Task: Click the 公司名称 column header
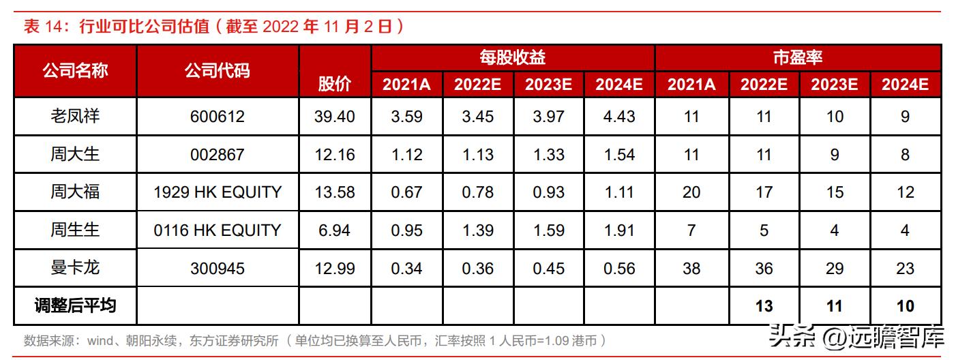pos(75,70)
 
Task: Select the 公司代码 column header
pos(218,70)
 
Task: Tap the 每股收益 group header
pos(512,57)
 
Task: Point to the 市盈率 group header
pos(797,57)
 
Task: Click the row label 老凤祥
pos(75,117)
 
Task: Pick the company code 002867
pos(218,155)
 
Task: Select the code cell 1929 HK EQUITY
pos(218,192)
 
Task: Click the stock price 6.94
pos(335,230)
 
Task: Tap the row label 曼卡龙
pos(75,268)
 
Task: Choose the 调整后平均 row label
pos(75,305)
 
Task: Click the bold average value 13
pos(764,306)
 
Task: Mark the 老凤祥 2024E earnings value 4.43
pos(619,117)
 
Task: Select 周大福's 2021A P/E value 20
pos(691,192)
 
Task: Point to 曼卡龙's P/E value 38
pos(691,268)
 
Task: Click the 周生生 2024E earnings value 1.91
pos(619,230)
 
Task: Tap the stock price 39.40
pos(335,117)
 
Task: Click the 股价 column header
pos(335,84)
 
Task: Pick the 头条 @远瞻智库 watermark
pos(856,337)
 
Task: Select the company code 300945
pos(218,268)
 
